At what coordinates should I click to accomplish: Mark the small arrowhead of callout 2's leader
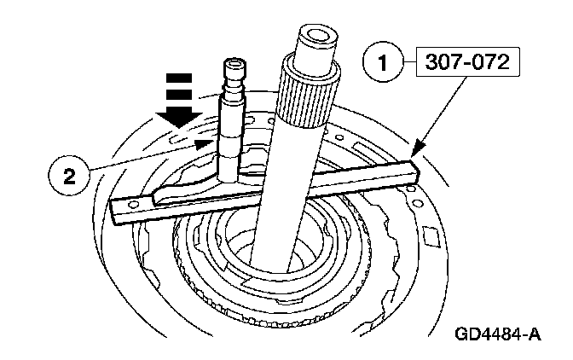[205, 144]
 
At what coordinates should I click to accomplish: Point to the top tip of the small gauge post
[234, 62]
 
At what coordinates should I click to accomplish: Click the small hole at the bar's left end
[135, 205]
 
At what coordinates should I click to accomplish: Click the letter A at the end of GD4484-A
[534, 334]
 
